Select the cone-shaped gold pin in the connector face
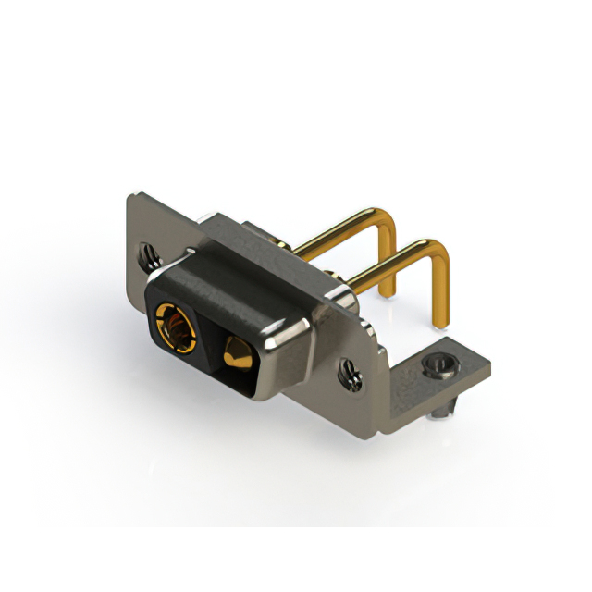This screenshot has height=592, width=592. [x=234, y=351]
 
